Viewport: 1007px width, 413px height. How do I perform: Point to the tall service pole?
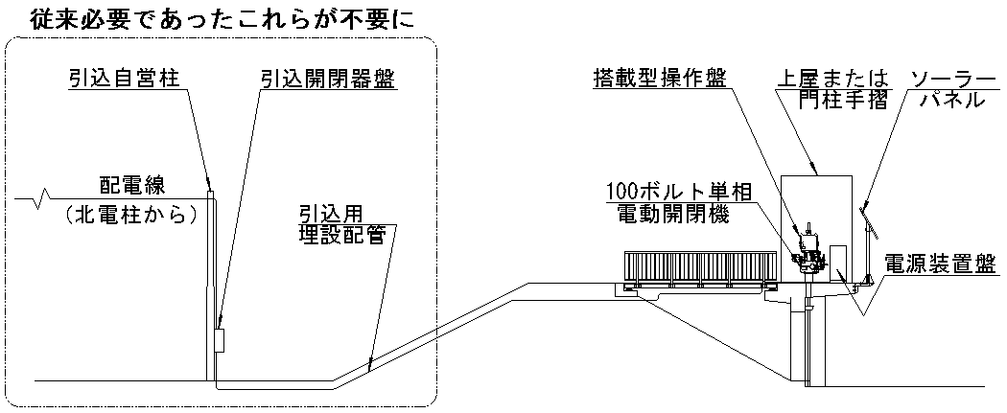[212, 287]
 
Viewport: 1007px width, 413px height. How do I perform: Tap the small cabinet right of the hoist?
[838, 264]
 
